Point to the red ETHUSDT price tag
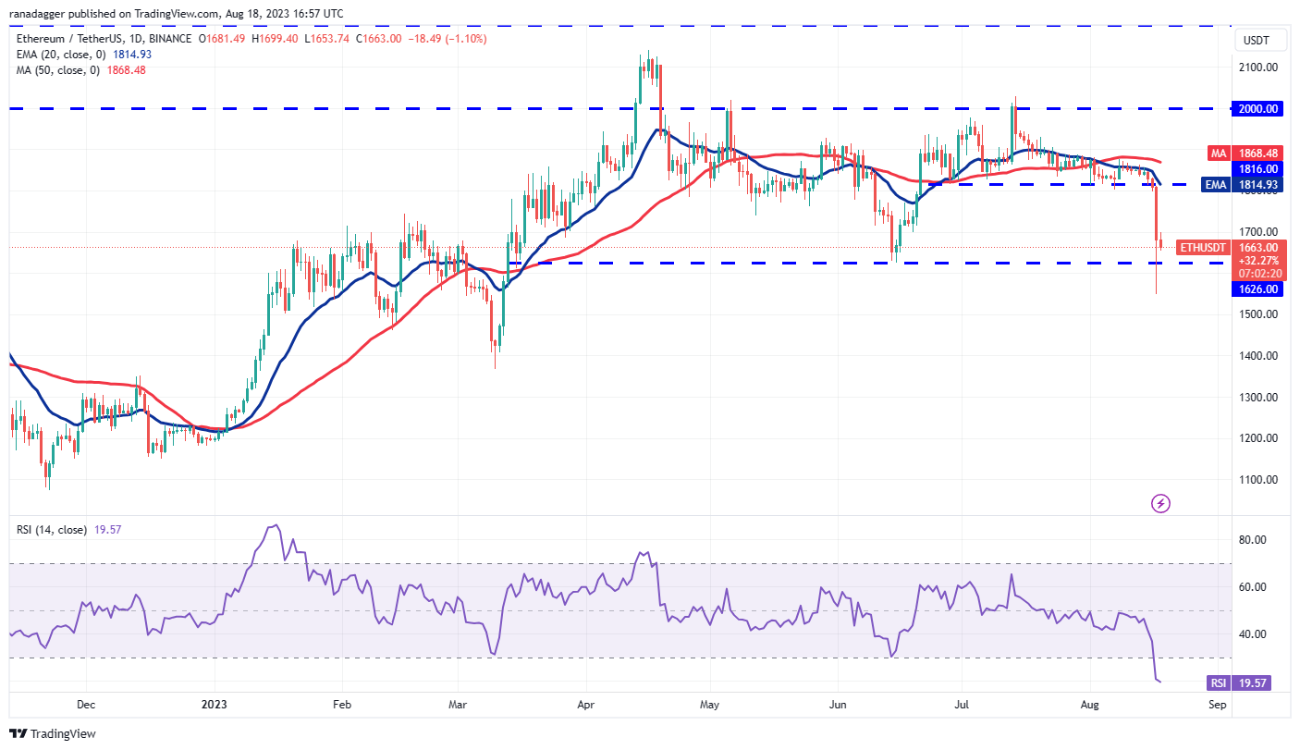[x=1202, y=248]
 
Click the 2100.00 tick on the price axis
[x=1258, y=67]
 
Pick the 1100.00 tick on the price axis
[x=1258, y=479]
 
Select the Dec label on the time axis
[x=85, y=704]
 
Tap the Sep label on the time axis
[x=1218, y=704]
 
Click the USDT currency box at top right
[x=1257, y=41]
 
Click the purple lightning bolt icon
[x=1160, y=503]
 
